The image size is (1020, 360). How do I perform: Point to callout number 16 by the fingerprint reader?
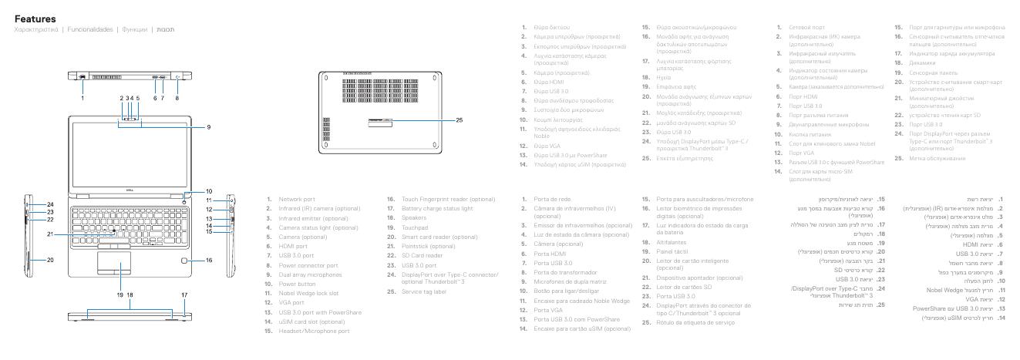(208, 261)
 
